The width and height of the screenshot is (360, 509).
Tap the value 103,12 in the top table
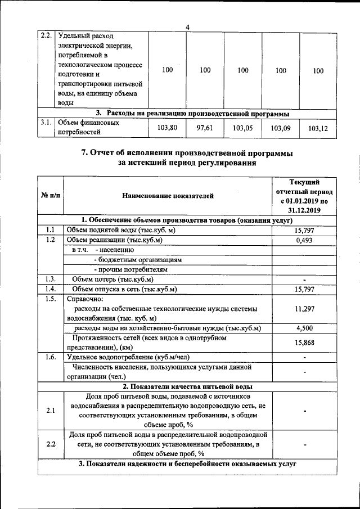tap(318, 129)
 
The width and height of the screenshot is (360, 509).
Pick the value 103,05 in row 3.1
tap(243, 129)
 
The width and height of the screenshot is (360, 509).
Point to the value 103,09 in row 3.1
tap(281, 129)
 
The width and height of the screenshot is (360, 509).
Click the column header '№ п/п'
tap(50, 196)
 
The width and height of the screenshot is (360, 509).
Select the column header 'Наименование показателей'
tap(168, 196)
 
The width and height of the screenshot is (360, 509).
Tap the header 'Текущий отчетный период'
tap(304, 196)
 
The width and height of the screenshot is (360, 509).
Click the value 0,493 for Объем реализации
tap(304, 240)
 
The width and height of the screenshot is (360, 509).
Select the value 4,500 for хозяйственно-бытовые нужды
tap(304, 328)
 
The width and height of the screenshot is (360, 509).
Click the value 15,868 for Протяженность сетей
tap(304, 343)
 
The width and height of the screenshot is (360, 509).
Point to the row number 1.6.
tap(50, 357)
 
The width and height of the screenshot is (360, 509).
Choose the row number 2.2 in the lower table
tap(50, 444)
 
